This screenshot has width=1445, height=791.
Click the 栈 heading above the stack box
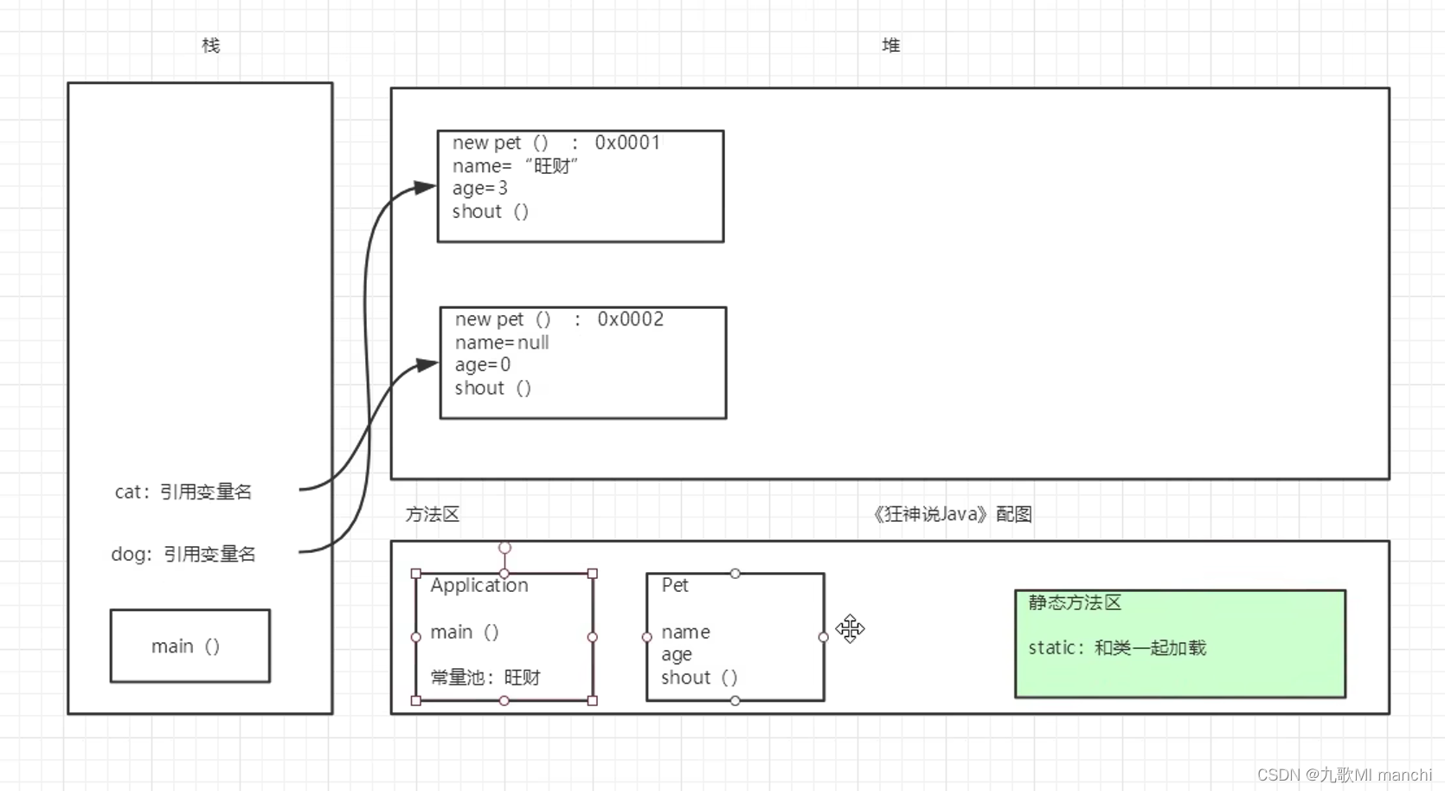tap(210, 46)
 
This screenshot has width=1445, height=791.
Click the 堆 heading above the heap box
tap(890, 46)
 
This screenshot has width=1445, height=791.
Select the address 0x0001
tap(627, 143)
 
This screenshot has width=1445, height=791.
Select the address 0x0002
tap(630, 319)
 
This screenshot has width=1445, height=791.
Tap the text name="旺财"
tap(515, 166)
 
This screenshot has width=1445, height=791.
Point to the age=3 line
tap(479, 189)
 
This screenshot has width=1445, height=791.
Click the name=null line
tap(502, 343)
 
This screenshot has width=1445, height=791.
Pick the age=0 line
tap(483, 365)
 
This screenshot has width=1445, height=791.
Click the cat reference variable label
tap(183, 492)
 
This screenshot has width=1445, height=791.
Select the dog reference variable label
tap(183, 555)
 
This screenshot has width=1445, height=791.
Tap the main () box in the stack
tap(189, 646)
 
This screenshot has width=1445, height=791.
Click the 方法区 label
tap(432, 515)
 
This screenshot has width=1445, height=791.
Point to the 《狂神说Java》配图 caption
tap(952, 515)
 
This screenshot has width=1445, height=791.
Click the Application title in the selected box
tap(478, 586)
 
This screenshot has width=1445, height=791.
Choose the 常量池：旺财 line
tap(485, 678)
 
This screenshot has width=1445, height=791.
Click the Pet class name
tap(675, 586)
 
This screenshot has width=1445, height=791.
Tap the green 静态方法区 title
tap(1075, 603)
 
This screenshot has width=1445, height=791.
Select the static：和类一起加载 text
tap(1116, 648)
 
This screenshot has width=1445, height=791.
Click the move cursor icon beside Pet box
tap(850, 629)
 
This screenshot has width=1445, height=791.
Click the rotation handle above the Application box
tap(504, 548)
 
